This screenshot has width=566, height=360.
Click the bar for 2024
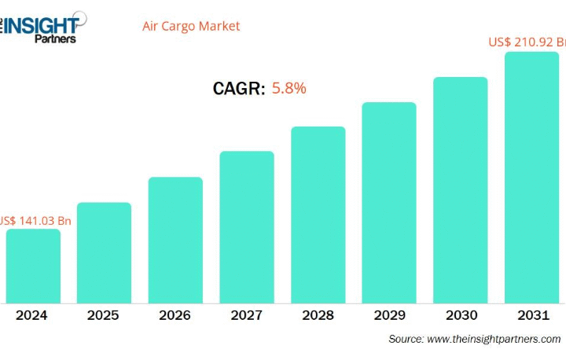pos(33,266)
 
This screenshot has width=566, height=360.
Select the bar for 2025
pos(104,252)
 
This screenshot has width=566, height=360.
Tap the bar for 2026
pos(175,240)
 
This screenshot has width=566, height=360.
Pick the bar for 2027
pos(247,227)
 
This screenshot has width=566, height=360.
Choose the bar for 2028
pos(318,215)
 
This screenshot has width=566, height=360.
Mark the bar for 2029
pos(389,203)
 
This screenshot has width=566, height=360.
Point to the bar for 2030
pos(461,190)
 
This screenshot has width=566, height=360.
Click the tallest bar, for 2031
pos(531,178)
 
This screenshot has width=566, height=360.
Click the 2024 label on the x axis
pos(31,315)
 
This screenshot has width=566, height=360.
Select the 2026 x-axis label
pos(175,315)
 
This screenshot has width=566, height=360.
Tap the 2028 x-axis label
pos(318,315)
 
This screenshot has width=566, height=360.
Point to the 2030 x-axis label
pos(461,315)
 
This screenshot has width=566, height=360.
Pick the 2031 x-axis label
pos(532,315)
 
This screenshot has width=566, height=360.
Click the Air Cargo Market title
pos(191,26)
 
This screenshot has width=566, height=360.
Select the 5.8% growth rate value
pos(289,88)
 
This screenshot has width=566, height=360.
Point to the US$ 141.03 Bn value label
pos(36,220)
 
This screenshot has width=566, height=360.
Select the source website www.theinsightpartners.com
pos(494,339)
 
